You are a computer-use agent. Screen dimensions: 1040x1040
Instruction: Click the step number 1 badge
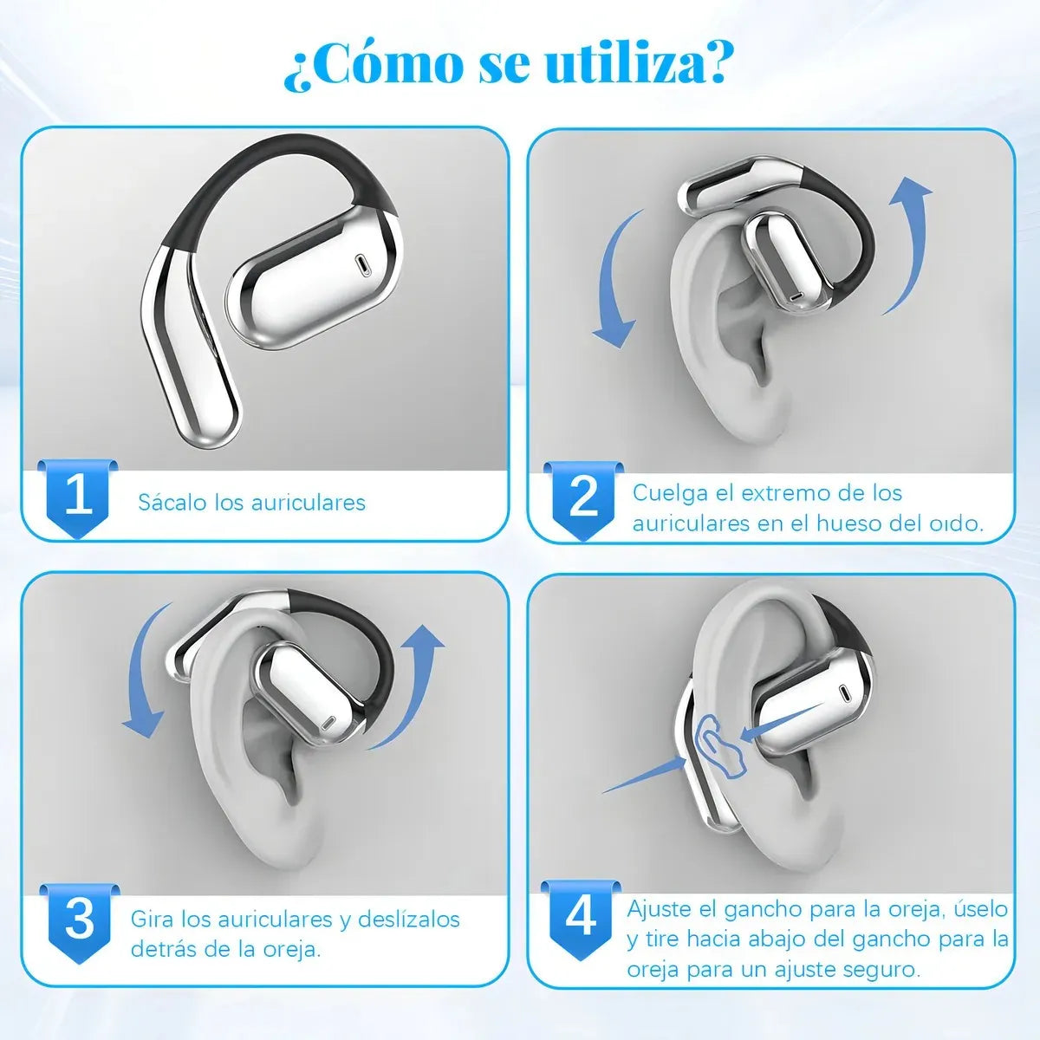(79, 497)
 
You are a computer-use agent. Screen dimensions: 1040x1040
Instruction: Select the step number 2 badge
(584, 497)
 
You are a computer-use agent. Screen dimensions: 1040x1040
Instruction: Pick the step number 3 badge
(79, 919)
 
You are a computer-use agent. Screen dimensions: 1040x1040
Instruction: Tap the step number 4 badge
(581, 916)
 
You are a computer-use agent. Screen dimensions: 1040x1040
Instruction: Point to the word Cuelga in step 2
(669, 493)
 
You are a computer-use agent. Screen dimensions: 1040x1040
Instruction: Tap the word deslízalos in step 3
(409, 919)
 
